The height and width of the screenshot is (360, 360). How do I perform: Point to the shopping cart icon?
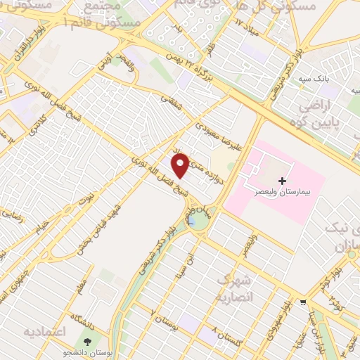pyautogui.click(x=303, y=303)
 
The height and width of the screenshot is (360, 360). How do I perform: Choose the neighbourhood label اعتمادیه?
pyautogui.click(x=44, y=330)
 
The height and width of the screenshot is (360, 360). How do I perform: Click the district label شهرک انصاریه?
pyautogui.click(x=236, y=288)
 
